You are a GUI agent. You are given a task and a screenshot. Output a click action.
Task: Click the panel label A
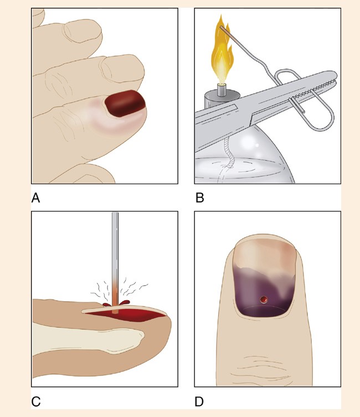point(35,198)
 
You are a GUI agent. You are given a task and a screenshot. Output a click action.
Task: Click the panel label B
point(199,198)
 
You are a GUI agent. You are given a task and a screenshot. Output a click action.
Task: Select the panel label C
point(36,401)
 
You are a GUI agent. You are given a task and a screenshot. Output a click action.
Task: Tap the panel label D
point(199,401)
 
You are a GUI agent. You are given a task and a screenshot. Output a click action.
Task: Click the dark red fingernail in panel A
point(125,103)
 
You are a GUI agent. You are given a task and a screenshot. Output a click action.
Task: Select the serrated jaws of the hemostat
point(313,86)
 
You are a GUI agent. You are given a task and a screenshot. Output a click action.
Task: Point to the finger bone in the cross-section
point(88,339)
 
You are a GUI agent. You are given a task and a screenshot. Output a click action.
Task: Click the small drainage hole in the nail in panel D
point(264,300)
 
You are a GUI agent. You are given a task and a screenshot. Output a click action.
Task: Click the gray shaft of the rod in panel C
point(115,248)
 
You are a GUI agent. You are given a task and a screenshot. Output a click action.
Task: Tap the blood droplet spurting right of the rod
point(125,302)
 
